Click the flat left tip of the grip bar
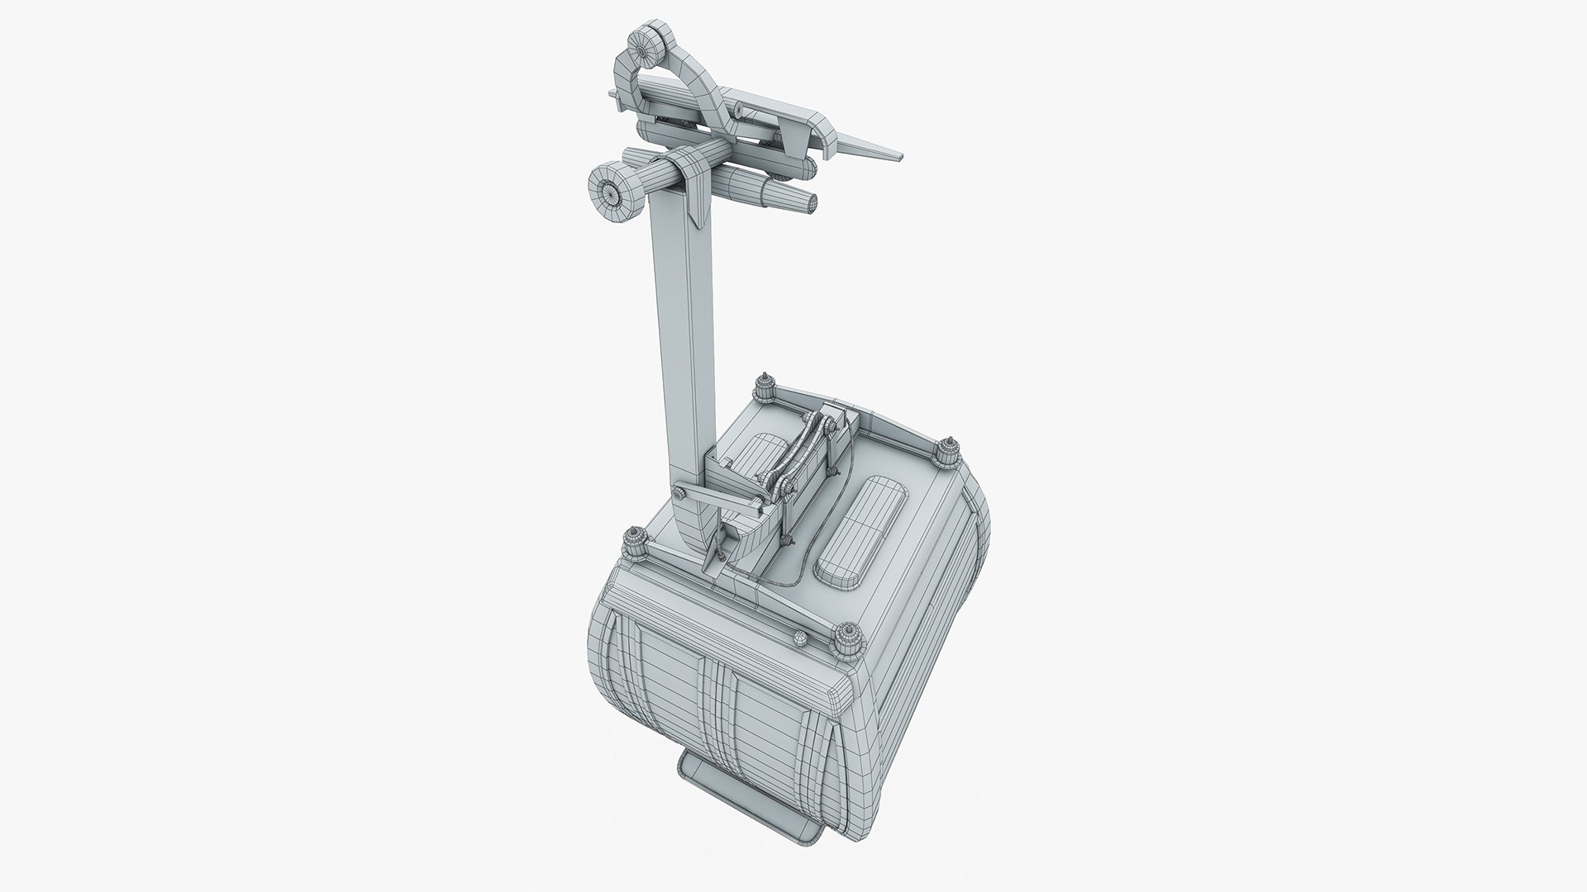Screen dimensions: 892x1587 [x=616, y=98]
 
